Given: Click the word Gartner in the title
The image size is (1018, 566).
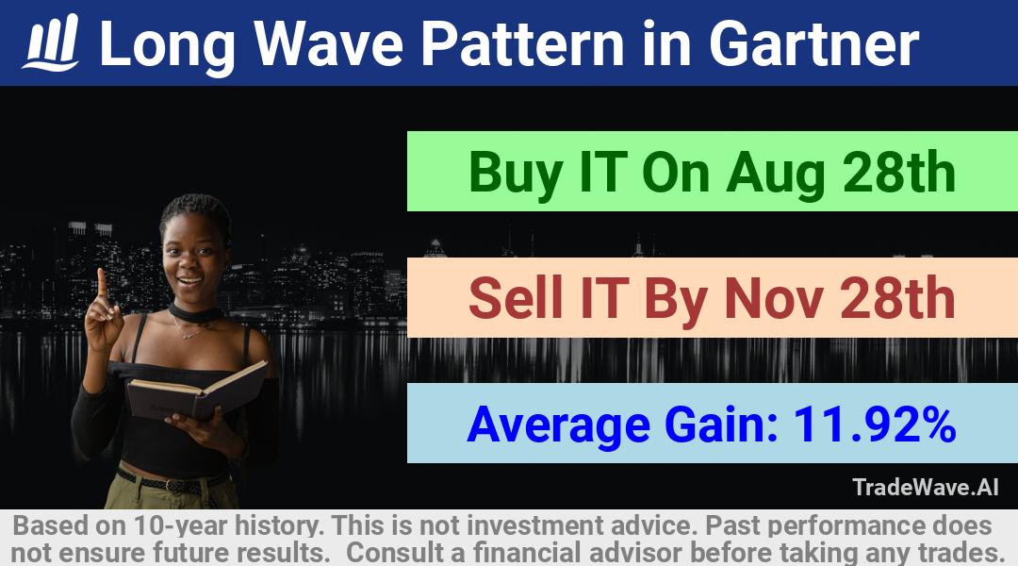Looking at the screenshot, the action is coord(813,43).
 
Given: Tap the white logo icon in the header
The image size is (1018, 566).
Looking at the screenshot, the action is coord(51,42).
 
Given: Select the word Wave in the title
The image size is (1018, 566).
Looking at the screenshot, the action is coord(329,43).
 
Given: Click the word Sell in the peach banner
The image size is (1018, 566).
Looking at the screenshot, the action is coord(517,297).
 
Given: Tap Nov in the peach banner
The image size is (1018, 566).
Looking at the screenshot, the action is coord(774,298).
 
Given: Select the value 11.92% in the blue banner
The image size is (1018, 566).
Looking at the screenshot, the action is coord(874,425).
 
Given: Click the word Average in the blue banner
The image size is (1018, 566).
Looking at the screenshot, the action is coord(558,426).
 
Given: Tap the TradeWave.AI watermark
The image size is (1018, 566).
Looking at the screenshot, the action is coord(926,487).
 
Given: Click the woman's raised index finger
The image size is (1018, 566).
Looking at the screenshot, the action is coord(102,284).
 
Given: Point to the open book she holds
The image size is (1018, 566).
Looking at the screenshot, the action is coord(196,390).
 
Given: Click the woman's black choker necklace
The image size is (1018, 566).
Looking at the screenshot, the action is coord(193,313).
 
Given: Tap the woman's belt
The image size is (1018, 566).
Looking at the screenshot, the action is coord(172,482).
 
